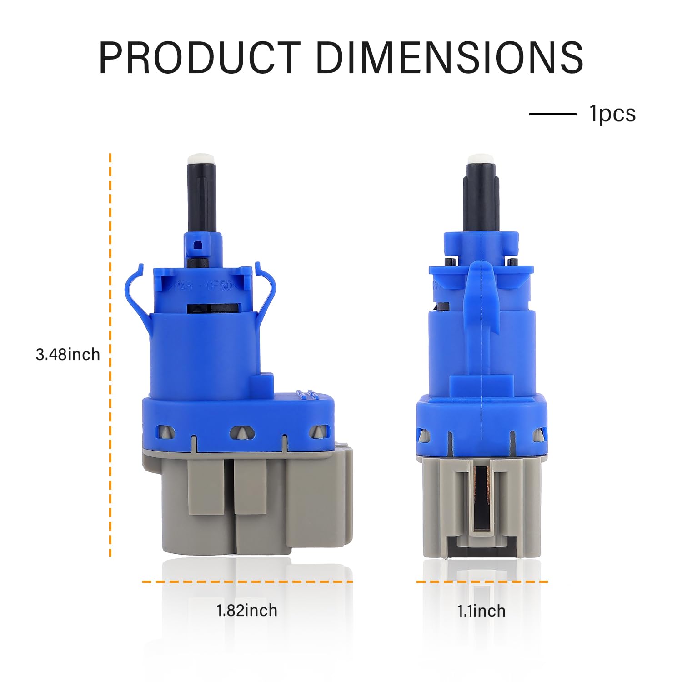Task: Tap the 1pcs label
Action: coord(612,114)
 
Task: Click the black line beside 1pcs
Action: coord(552,114)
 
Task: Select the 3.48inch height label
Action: coord(68,354)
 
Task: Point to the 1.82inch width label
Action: coord(247,610)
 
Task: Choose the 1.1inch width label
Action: coord(481,611)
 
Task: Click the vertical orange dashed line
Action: coord(110,355)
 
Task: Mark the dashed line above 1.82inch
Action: coord(247,582)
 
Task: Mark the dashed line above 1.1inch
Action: coord(482,582)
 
